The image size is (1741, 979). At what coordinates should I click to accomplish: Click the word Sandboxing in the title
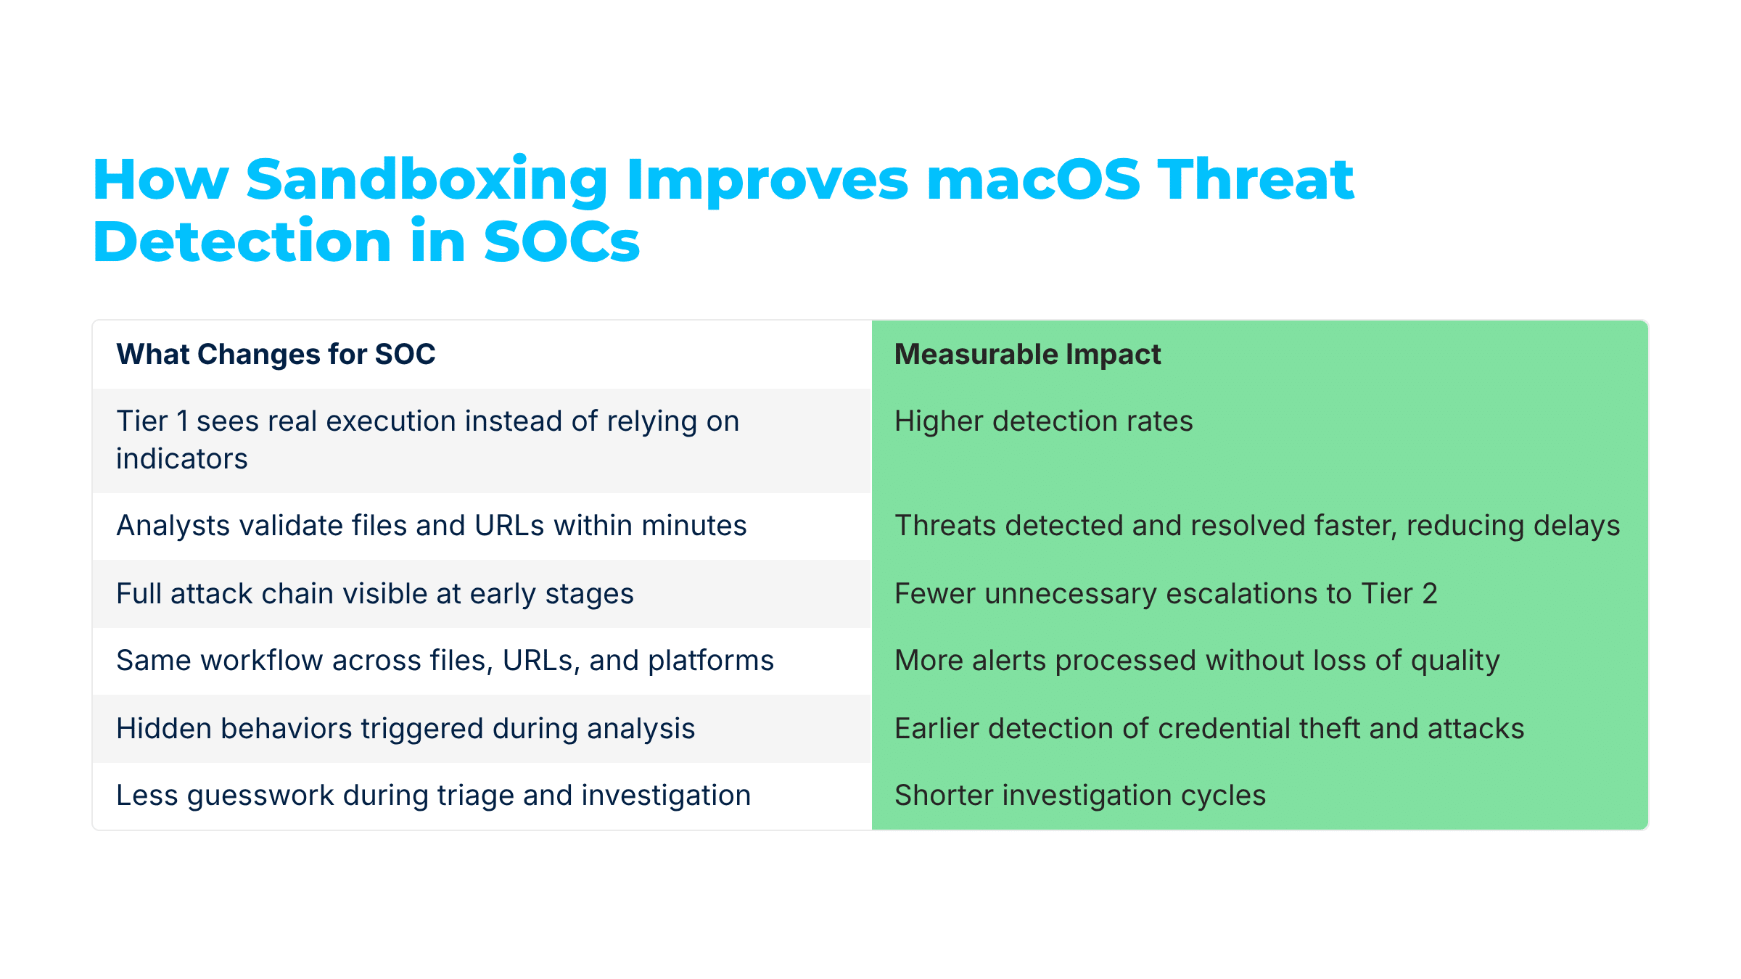427,180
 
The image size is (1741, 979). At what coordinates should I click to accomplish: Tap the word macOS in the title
1033,180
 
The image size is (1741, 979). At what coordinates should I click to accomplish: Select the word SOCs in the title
561,242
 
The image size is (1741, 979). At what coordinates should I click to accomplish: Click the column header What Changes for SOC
276,355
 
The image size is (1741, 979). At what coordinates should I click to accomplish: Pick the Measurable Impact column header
1027,355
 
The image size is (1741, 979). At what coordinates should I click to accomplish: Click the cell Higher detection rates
1043,421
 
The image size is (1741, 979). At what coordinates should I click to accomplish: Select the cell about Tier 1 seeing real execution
427,439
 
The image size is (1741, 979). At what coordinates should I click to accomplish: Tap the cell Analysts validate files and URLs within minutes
431,526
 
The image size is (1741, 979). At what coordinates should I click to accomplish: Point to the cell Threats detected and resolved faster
1256,526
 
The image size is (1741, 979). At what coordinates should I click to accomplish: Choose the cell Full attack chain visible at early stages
374,594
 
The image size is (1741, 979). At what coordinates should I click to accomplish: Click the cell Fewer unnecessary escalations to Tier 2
1165,594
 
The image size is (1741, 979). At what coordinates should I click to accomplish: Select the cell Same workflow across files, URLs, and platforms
445,661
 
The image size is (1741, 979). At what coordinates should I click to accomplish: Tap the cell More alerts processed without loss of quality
1197,661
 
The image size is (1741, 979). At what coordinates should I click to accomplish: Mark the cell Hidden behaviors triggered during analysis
406,729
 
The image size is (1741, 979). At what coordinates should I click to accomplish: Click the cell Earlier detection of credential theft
1209,729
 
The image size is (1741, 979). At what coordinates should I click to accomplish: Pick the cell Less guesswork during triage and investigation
433,796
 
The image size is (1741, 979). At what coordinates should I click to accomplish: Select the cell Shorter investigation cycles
1079,796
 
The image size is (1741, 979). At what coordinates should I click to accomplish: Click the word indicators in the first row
181,459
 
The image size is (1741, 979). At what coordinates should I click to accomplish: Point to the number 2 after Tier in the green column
1429,594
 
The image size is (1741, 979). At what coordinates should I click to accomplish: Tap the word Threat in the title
1255,180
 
